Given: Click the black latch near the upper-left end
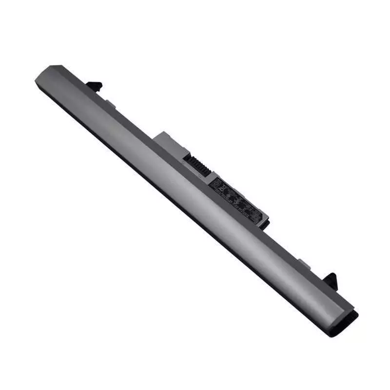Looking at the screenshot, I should coord(95,86).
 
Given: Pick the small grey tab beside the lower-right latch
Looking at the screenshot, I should coord(304,264).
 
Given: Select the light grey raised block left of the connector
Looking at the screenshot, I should coord(168,141).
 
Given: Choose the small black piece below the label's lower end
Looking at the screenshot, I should coord(265,224).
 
